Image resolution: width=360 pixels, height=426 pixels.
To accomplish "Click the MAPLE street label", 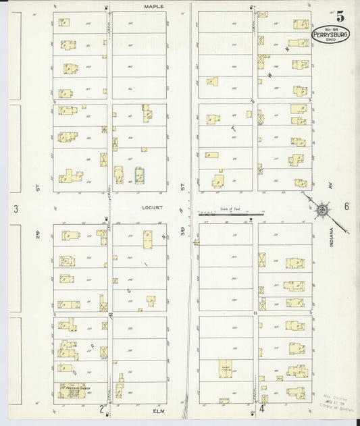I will pyautogui.click(x=153, y=6).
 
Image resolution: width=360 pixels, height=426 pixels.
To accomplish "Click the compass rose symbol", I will pyautogui.click(x=323, y=211).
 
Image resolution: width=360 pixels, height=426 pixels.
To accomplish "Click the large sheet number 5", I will pyautogui.click(x=340, y=17).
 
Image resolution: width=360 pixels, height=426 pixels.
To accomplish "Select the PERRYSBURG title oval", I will pyautogui.click(x=330, y=34).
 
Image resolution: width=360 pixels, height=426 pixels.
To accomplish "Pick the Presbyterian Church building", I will pyautogui.click(x=72, y=390).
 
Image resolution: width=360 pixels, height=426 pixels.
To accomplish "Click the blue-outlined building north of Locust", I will pyautogui.click(x=139, y=175).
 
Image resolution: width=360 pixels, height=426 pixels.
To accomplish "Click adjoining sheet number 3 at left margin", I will pyautogui.click(x=15, y=209).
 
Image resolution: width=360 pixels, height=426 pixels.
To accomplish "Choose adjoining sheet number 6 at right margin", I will pyautogui.click(x=346, y=207).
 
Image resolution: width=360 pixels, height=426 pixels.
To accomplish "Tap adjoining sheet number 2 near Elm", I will pyautogui.click(x=102, y=408).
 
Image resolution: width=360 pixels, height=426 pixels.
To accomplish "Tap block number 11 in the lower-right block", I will pyautogui.click(x=255, y=313).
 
